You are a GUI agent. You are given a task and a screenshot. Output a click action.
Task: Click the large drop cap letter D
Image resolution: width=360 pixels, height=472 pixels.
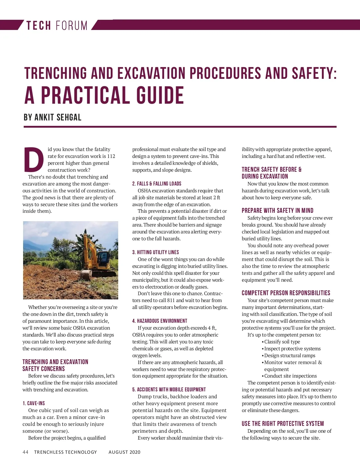click(x=34, y=160)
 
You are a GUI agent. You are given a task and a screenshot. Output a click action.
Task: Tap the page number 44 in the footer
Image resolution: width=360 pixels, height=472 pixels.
click(x=25, y=452)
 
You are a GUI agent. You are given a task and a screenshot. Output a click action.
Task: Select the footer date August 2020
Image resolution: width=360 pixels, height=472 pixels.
click(x=124, y=452)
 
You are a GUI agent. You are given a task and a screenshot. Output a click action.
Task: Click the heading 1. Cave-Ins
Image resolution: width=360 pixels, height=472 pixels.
click(x=34, y=403)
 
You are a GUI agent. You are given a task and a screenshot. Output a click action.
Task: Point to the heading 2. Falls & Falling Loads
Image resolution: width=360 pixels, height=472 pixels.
click(x=157, y=183)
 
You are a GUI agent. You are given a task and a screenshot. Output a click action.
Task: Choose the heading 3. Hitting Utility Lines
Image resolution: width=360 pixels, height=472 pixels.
click(x=155, y=252)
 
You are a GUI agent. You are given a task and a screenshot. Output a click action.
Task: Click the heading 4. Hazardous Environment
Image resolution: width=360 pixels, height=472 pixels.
click(x=160, y=321)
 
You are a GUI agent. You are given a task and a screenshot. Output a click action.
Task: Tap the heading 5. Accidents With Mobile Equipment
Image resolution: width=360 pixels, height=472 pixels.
click(x=169, y=389)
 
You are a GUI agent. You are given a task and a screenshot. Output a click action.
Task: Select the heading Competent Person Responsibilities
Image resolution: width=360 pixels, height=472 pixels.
click(x=286, y=293)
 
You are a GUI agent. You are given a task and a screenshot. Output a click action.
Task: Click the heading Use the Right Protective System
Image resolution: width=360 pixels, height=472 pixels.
click(x=283, y=423)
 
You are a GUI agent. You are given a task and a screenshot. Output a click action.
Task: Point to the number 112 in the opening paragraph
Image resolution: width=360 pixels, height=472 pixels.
click(x=111, y=156)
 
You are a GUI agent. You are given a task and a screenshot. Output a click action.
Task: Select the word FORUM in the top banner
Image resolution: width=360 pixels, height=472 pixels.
click(x=71, y=25)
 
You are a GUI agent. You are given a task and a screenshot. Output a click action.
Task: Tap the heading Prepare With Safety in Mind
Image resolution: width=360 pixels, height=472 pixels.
click(x=277, y=210)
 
